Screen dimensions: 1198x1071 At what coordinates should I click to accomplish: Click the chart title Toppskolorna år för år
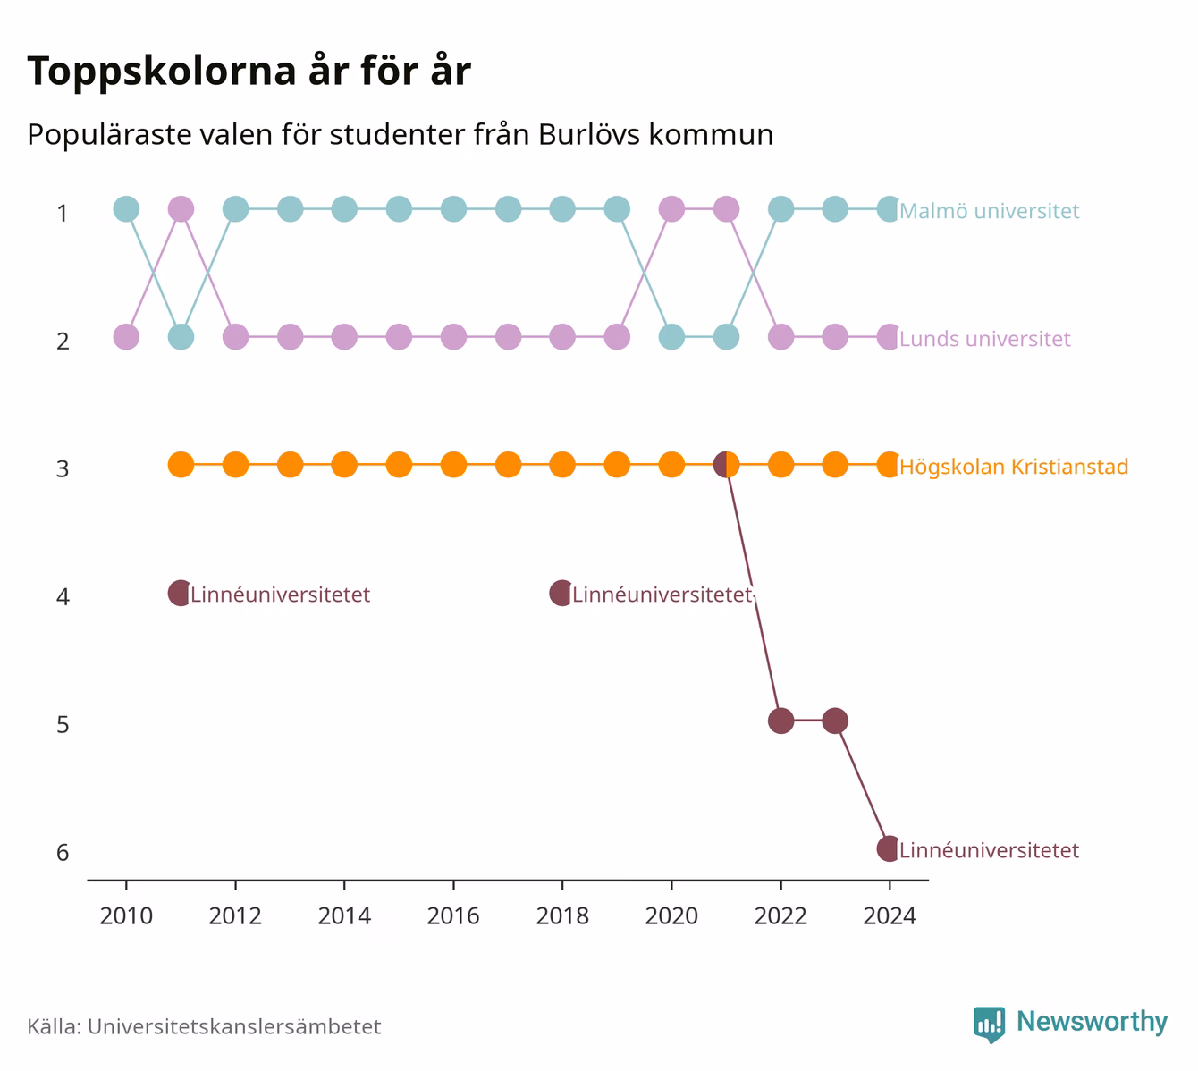tap(249, 71)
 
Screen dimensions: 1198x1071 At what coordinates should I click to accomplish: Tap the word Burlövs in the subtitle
tap(589, 135)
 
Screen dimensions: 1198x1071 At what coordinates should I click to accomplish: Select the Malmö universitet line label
tap(990, 211)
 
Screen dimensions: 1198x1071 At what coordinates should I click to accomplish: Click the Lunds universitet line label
tap(984, 339)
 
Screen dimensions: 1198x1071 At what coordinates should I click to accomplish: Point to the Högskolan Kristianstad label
tap(1014, 467)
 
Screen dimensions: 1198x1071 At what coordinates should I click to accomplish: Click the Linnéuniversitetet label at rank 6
tap(990, 850)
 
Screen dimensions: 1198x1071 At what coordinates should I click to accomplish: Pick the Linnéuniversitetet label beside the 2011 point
tap(281, 595)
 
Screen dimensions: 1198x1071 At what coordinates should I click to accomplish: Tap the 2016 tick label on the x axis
tap(453, 916)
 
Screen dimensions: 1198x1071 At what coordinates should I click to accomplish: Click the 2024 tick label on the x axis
tap(890, 916)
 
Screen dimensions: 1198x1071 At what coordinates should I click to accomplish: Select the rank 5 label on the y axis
tap(63, 724)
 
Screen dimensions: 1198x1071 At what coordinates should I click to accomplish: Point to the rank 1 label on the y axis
tap(63, 213)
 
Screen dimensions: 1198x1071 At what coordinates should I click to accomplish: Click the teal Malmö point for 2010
tap(126, 209)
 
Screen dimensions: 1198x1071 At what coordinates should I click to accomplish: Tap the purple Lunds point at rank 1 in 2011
tap(181, 209)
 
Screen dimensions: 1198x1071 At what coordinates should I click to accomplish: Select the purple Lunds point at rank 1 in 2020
tap(671, 209)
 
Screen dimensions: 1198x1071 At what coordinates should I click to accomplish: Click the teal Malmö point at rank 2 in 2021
tap(726, 337)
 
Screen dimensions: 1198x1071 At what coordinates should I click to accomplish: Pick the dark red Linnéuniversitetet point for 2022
tap(780, 721)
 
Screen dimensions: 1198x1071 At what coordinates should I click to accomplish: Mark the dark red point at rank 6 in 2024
tap(890, 848)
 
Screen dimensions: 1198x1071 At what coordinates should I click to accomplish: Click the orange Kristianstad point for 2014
tap(344, 465)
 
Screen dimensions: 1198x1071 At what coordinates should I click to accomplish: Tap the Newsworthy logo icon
tap(990, 1025)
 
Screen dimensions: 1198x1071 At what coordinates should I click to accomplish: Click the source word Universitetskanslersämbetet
tap(234, 1026)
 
